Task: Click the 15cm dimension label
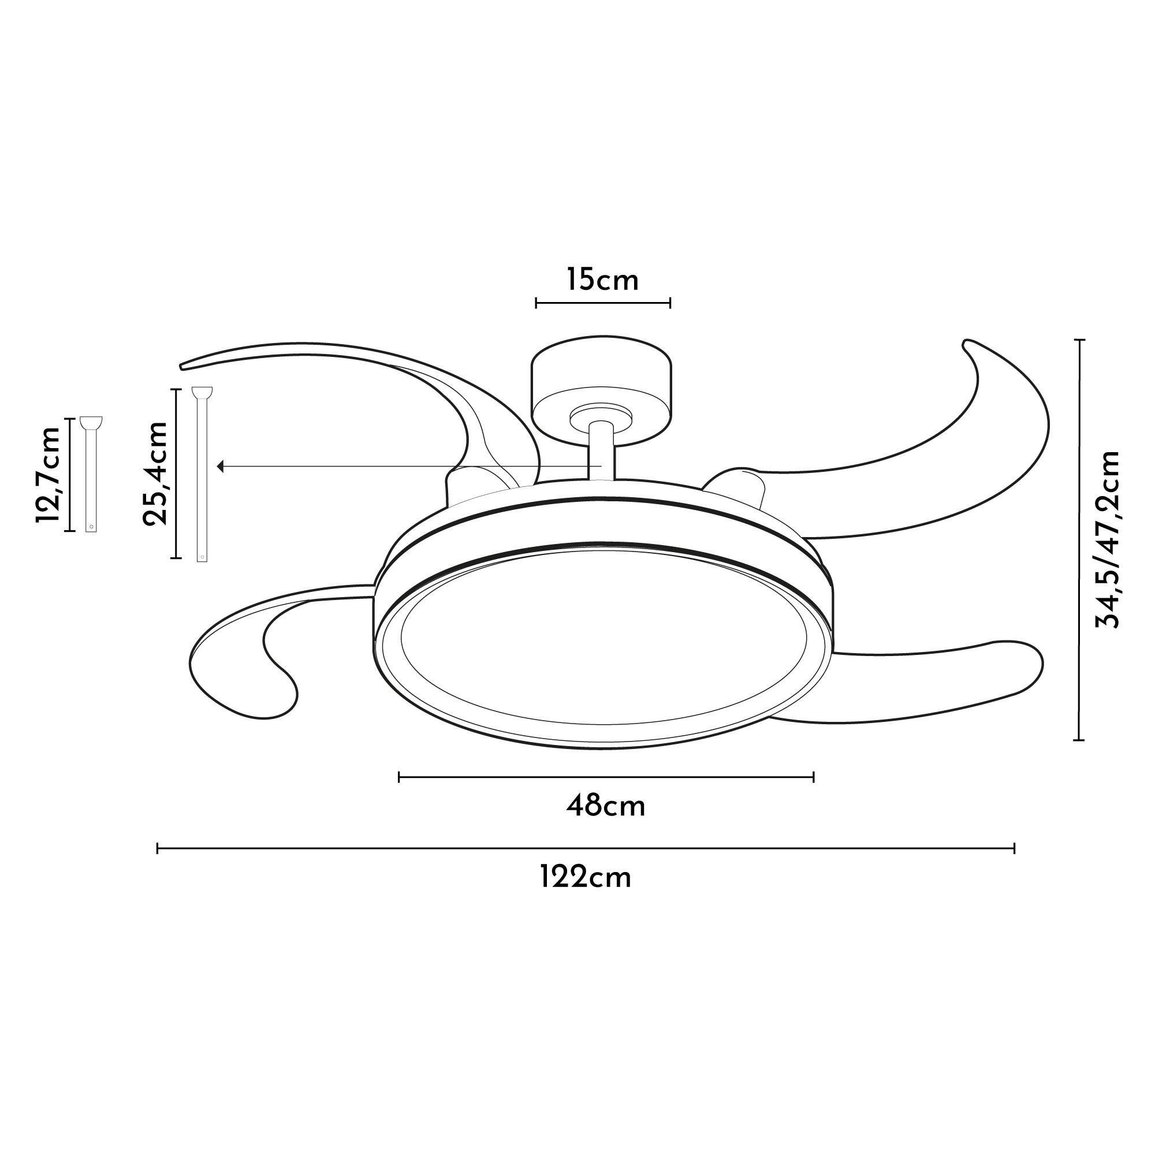tap(602, 280)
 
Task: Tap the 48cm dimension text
tap(606, 806)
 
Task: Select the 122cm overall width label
tap(586, 878)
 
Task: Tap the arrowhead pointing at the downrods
tap(221, 465)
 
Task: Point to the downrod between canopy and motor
tap(600, 449)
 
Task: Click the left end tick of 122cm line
tap(157, 848)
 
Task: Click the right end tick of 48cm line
tap(814, 777)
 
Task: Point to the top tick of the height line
tap(1079, 340)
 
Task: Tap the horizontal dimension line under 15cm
tap(602, 303)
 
